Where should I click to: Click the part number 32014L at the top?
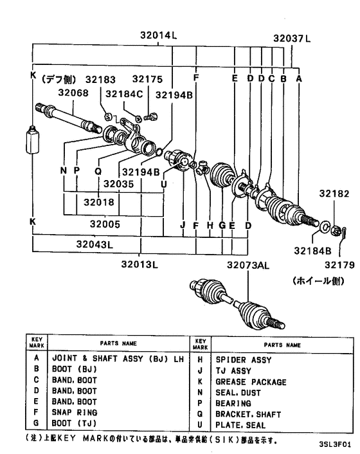point(158,37)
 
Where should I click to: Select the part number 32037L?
point(291,37)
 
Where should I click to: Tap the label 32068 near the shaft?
point(73,93)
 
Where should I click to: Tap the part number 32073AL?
point(247,264)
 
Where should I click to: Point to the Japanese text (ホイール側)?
point(314,281)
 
